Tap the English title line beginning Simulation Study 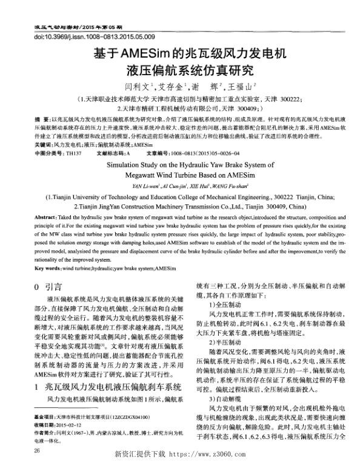(179, 164)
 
